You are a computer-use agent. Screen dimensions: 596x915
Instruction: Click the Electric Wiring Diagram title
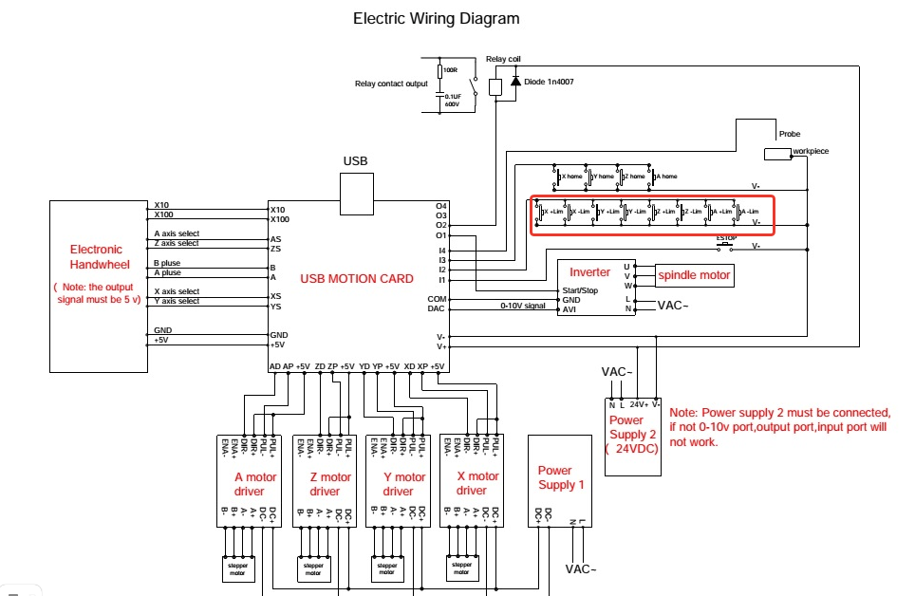point(436,18)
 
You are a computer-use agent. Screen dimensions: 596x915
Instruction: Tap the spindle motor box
point(694,275)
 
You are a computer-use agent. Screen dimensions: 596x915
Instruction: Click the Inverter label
point(589,272)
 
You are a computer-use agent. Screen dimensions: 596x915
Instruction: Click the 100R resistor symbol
point(440,71)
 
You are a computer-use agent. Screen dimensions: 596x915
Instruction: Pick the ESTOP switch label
point(726,238)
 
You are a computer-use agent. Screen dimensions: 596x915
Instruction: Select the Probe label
point(789,134)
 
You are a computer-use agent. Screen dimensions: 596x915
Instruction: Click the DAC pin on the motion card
point(437,307)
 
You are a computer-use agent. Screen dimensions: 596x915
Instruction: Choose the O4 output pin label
point(440,206)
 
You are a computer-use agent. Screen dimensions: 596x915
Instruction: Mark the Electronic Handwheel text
point(97,256)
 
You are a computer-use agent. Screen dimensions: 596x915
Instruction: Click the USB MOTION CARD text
point(356,278)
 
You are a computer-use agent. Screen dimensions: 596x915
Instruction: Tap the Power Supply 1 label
point(556,477)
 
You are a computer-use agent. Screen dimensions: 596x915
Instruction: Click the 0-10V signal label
point(524,306)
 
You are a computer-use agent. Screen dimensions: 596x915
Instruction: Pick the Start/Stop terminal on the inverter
point(581,289)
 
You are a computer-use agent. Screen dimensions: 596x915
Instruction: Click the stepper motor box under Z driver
point(312,568)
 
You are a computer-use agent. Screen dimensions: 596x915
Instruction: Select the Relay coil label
point(503,59)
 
